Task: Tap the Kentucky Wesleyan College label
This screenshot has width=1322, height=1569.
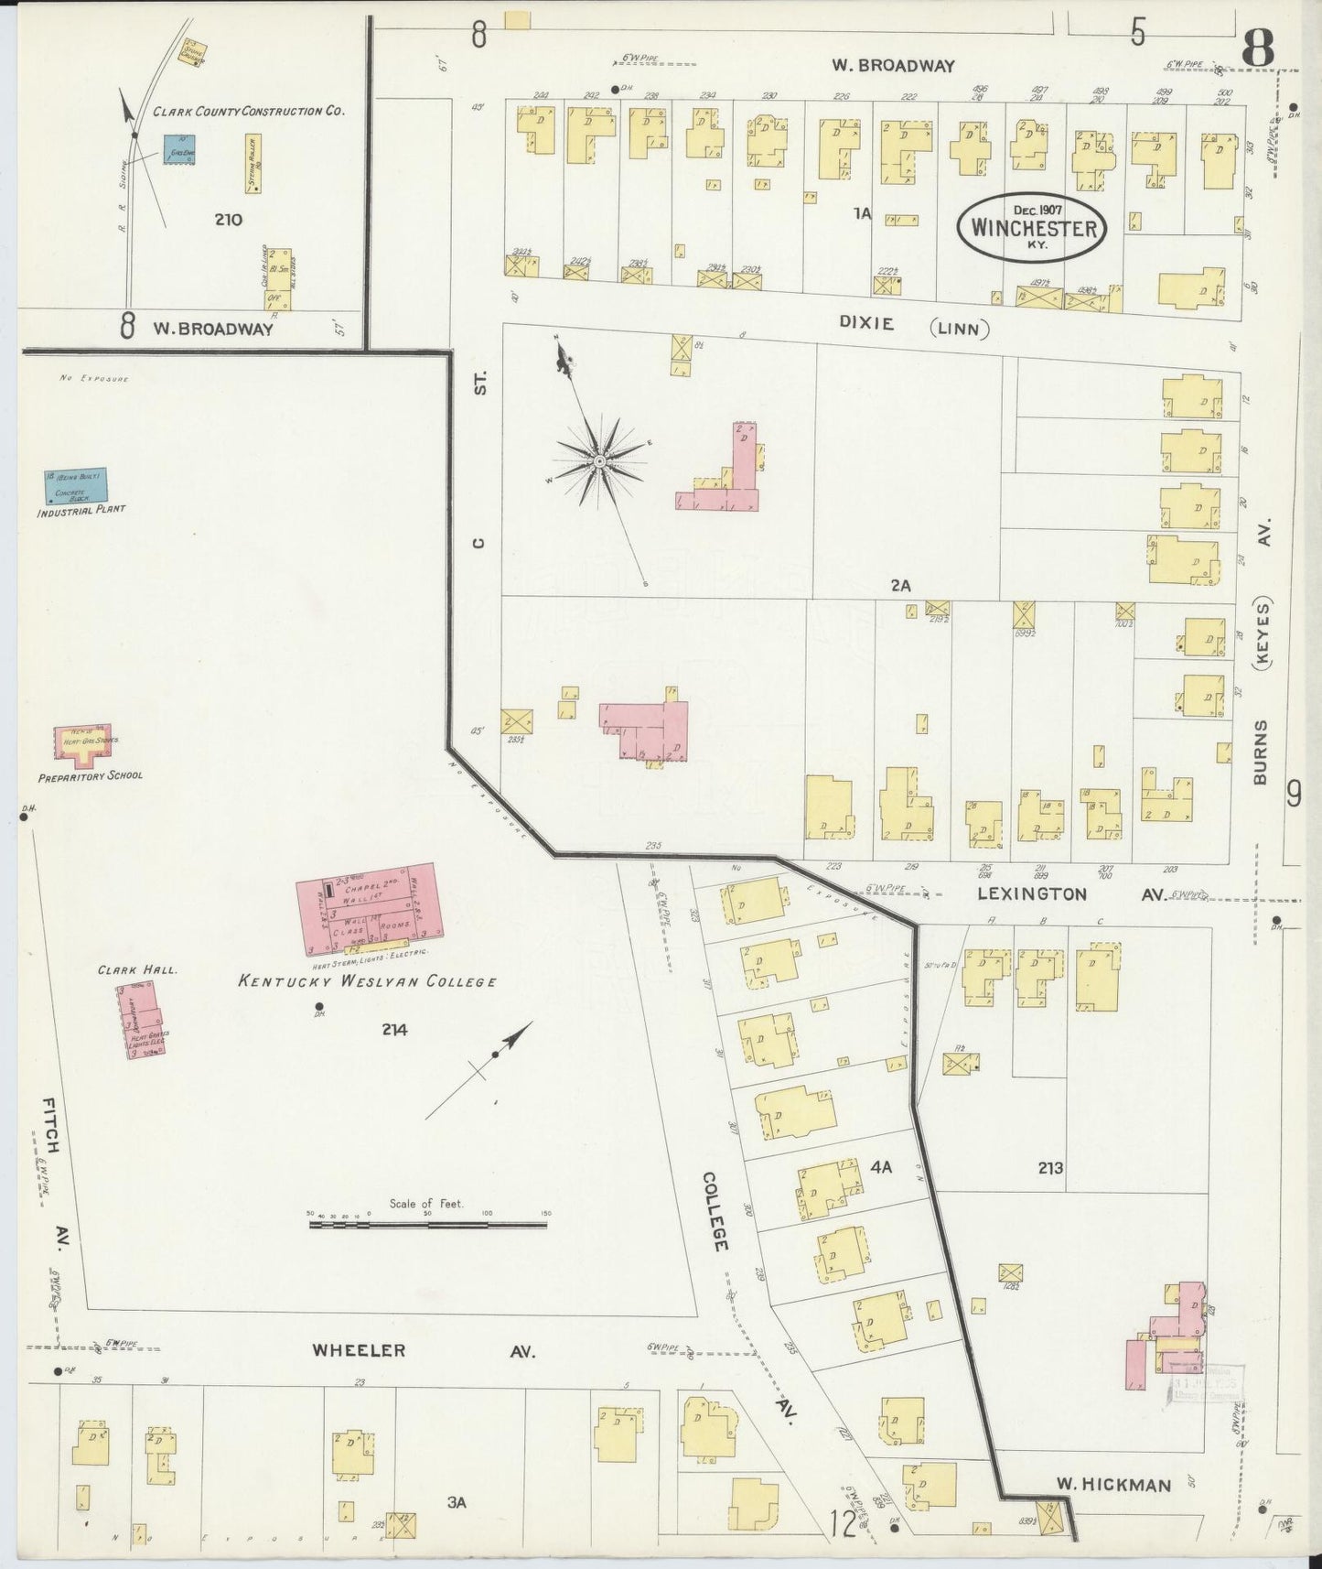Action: [367, 982]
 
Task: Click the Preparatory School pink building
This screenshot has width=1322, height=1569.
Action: [87, 745]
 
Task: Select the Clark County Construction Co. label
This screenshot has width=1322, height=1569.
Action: [248, 112]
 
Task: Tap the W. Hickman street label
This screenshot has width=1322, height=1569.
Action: [1113, 1484]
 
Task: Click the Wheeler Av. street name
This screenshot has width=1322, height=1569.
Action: [424, 1350]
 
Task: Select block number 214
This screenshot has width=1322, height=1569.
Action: [394, 1030]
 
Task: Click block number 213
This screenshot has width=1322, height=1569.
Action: [1050, 1168]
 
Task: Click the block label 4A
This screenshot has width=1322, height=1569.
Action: [880, 1167]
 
